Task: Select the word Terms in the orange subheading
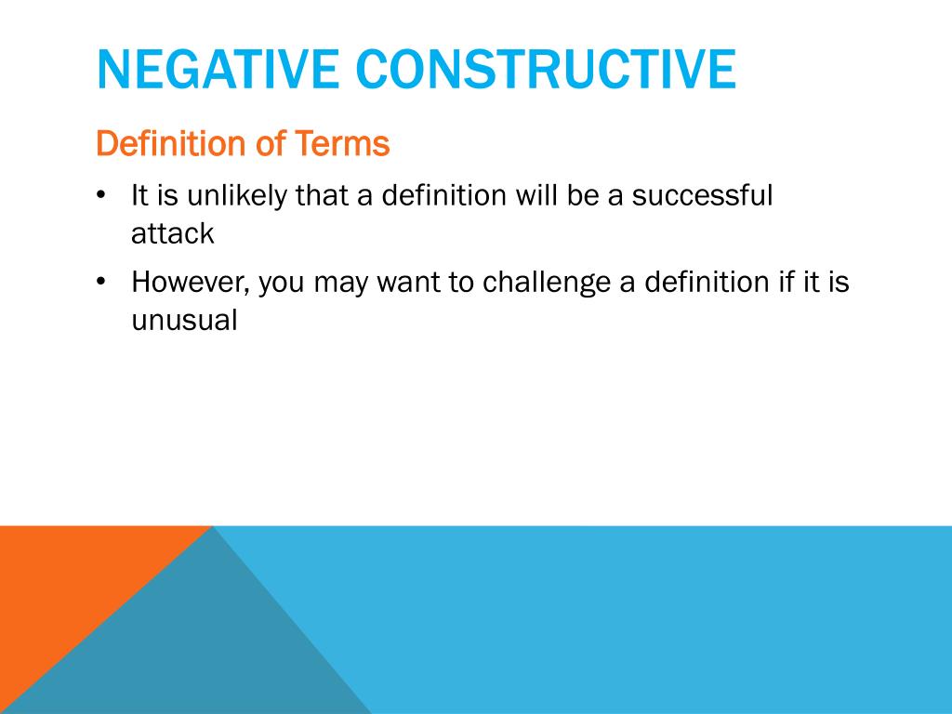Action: click(342, 144)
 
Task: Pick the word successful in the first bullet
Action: click(702, 195)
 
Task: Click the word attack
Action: click(172, 233)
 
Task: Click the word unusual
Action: click(184, 321)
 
